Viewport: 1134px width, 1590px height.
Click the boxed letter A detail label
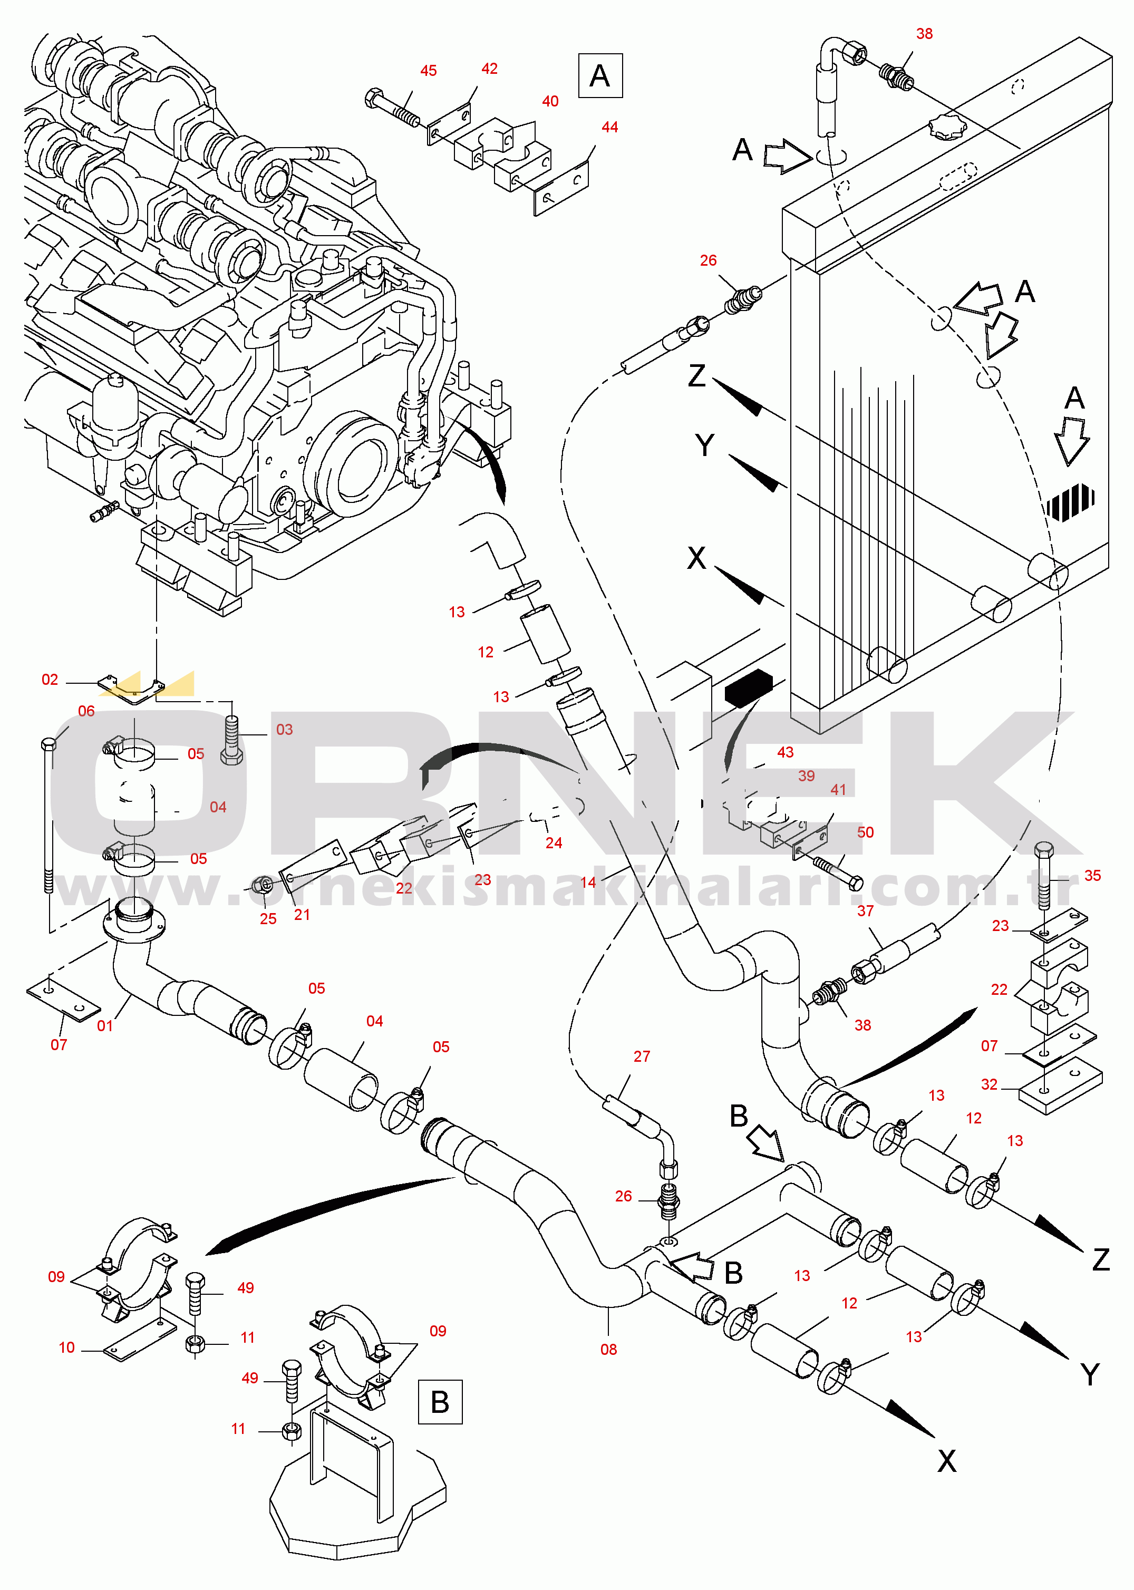click(x=600, y=75)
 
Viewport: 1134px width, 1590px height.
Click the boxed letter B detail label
click(x=440, y=1401)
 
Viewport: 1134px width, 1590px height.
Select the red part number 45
click(x=429, y=71)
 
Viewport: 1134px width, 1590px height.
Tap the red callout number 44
click(x=609, y=127)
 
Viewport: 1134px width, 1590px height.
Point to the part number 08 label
click(x=609, y=1350)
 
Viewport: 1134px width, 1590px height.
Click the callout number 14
click(x=588, y=882)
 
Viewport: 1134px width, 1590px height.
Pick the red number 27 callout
click(x=642, y=1056)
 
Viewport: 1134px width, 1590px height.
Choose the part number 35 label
click(x=1093, y=876)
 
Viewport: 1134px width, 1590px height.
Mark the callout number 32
click(x=990, y=1084)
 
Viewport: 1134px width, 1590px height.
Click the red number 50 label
click(x=865, y=832)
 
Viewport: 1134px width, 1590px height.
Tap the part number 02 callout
click(x=50, y=680)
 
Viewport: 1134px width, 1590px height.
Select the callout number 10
click(x=66, y=1347)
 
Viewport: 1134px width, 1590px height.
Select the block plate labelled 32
click(x=1061, y=1086)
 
